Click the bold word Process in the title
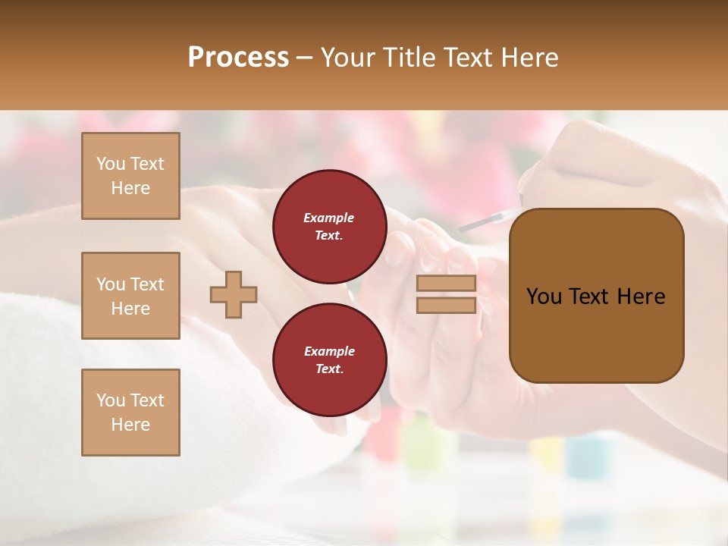[238, 58]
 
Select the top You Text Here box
[130, 176]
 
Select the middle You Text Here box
[130, 296]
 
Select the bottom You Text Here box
[130, 412]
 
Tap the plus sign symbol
[234, 294]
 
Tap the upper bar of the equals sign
[446, 284]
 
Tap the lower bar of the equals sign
[446, 305]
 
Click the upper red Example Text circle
[329, 227]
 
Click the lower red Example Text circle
[329, 360]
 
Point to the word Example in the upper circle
[328, 218]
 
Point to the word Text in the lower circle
[328, 369]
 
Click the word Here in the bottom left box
[130, 425]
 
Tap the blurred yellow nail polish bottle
[546, 455]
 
